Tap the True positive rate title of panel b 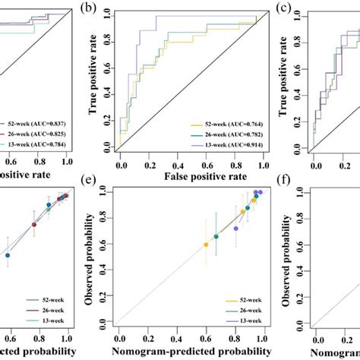pyautogui.click(x=94, y=84)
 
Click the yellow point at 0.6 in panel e pyautogui.click(x=205, y=245)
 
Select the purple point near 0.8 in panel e pyautogui.click(x=235, y=228)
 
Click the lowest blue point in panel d pyautogui.click(x=8, y=256)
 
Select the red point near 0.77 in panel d pyautogui.click(x=34, y=224)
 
